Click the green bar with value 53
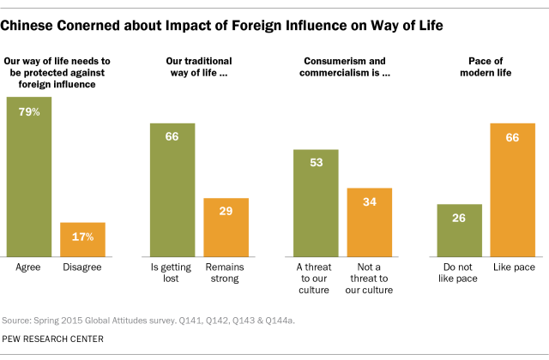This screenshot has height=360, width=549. (316, 201)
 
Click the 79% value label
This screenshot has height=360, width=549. (29, 112)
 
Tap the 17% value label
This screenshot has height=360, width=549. (82, 237)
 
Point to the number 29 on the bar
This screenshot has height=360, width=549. (226, 212)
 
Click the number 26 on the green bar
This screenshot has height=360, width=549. (459, 219)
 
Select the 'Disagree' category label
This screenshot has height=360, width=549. (82, 267)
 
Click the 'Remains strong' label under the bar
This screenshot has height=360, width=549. (226, 273)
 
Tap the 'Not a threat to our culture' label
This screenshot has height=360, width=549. (369, 279)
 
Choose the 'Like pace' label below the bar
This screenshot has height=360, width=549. (513, 267)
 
